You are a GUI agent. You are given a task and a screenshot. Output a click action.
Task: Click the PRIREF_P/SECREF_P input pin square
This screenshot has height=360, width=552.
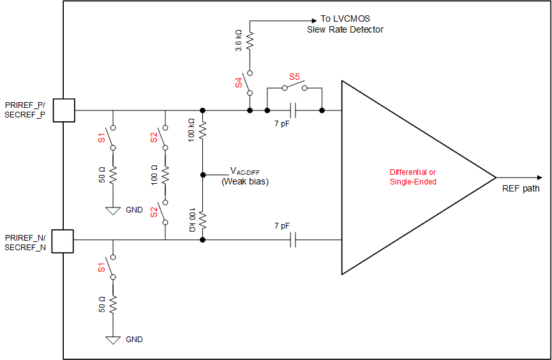coord(64,110)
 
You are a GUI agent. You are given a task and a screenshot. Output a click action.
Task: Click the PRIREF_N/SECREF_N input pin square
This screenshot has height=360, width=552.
coord(63,241)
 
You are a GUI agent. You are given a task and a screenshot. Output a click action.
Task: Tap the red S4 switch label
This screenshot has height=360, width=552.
coord(239,82)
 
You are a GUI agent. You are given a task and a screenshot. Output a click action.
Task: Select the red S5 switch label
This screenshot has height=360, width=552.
coord(294,77)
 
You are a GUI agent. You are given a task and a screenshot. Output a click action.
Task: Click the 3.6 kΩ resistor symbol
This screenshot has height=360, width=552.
coord(250,43)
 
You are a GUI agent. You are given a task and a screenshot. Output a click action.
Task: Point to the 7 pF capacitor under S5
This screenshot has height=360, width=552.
coord(294,110)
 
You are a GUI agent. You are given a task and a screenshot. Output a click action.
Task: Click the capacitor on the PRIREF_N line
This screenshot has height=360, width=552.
coord(294,240)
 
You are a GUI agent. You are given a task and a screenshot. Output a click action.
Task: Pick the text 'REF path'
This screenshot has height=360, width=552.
coord(521,188)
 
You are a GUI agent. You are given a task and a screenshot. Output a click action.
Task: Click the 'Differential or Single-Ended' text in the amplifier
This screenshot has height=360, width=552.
coord(413,177)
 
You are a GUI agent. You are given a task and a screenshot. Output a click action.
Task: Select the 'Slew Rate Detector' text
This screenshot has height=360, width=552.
coord(345,29)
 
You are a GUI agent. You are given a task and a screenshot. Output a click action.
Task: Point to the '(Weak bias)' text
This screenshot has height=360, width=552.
coord(245,182)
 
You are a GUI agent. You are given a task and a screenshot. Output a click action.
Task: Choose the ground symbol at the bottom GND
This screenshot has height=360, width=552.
coord(113,340)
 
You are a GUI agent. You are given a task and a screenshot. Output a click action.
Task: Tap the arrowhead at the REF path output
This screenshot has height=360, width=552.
coord(541,177)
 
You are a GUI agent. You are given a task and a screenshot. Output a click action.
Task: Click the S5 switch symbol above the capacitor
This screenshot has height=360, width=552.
coord(294,87)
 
